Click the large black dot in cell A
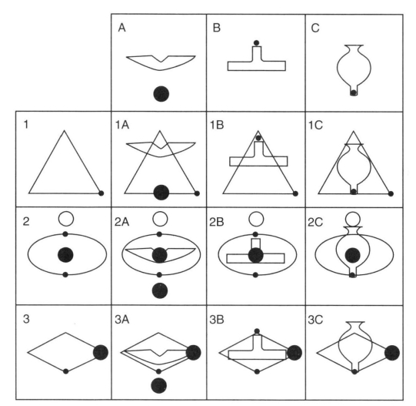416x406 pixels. coord(161,94)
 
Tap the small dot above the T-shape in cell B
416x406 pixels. coord(256,43)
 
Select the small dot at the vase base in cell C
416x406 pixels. coord(354,92)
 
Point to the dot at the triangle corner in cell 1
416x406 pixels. coord(101,193)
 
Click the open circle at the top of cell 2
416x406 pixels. coord(66,219)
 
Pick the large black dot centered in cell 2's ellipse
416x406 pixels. coord(65,255)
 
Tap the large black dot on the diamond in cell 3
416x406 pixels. coord(101,353)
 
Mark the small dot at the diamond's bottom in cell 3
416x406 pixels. coord(66,371)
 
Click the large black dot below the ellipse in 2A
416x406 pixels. coord(160,290)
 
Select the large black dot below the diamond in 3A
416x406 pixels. coord(158,385)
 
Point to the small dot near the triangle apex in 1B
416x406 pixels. coord(258,138)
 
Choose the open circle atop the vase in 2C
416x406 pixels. coord(353,219)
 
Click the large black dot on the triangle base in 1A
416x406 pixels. coord(161,193)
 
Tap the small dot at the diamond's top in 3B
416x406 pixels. coord(257,331)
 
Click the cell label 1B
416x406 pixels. coord(217,125)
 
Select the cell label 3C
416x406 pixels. coord(315,320)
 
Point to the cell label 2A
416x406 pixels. coord(121,222)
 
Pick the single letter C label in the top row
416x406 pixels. coord(315,28)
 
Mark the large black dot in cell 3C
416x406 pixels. coord(392,353)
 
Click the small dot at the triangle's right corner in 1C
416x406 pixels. coord(391,193)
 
